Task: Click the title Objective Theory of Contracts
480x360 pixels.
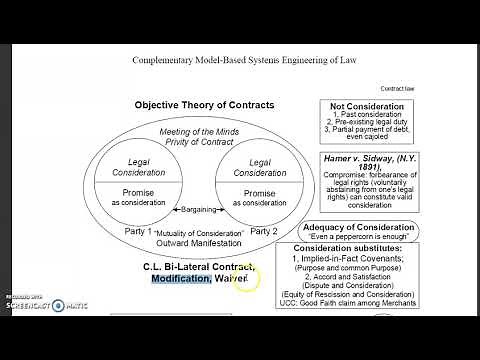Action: [205, 105]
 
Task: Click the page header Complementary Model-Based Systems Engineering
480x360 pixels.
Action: [241, 59]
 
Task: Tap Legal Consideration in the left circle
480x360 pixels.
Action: [138, 167]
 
